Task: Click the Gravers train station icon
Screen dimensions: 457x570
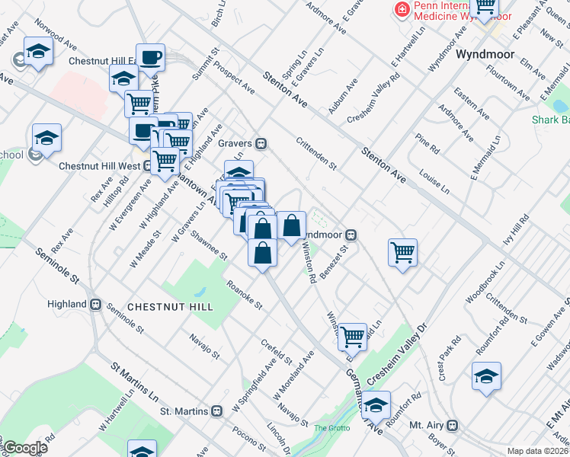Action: click(261, 142)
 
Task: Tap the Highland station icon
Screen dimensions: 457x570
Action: click(96, 304)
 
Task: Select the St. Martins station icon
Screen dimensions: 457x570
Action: click(218, 411)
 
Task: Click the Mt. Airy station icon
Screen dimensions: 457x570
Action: click(453, 424)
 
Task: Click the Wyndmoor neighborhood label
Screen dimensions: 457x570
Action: click(486, 55)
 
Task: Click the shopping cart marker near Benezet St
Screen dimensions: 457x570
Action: click(402, 252)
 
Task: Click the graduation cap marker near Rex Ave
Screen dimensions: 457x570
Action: click(46, 138)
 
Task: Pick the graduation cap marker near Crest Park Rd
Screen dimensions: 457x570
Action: click(485, 376)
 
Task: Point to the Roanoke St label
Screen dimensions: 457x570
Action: click(244, 296)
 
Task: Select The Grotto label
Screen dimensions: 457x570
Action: click(331, 428)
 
